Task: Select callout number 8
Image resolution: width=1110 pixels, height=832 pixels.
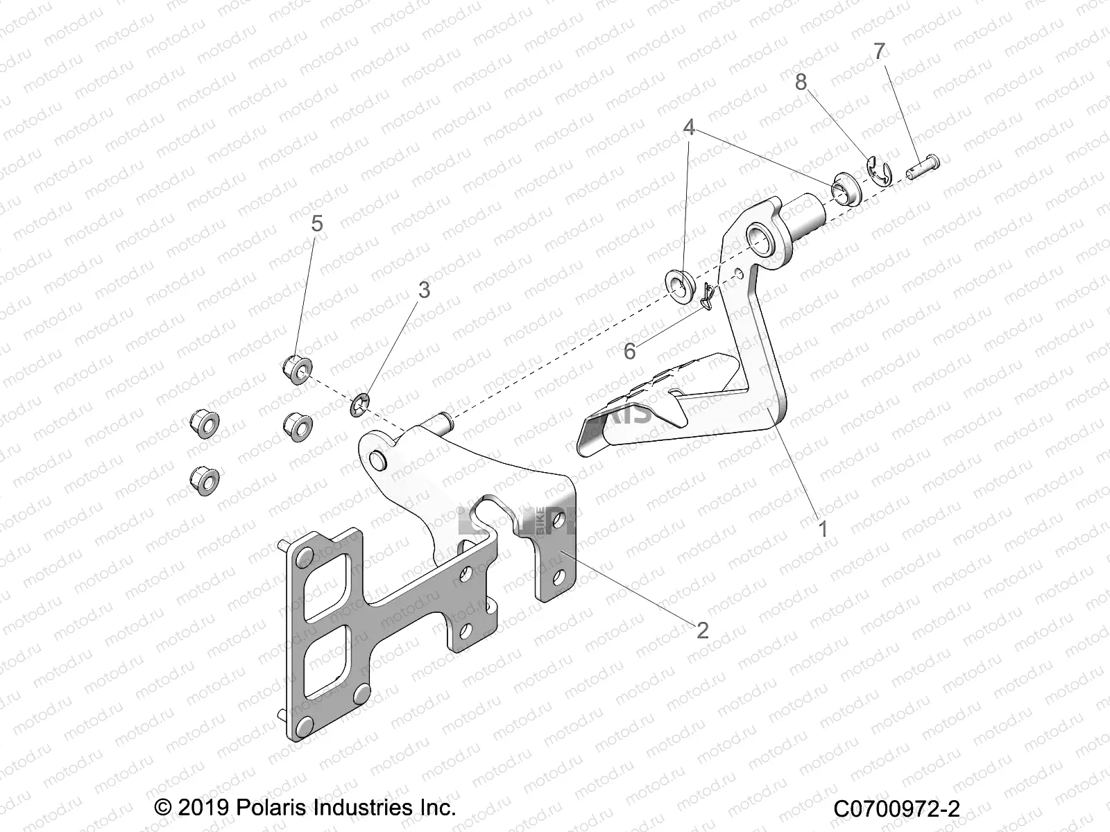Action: (x=801, y=83)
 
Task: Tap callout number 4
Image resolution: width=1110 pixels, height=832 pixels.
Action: (x=689, y=128)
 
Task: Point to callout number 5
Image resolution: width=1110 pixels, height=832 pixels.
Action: (x=316, y=223)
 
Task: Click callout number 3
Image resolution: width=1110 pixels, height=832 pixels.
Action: (x=423, y=290)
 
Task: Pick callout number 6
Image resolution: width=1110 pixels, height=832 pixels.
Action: (x=629, y=352)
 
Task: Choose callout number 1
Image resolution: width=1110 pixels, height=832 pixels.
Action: (x=823, y=530)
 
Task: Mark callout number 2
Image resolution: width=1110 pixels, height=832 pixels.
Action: (x=702, y=630)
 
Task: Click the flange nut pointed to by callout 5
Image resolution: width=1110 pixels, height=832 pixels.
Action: (x=296, y=369)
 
